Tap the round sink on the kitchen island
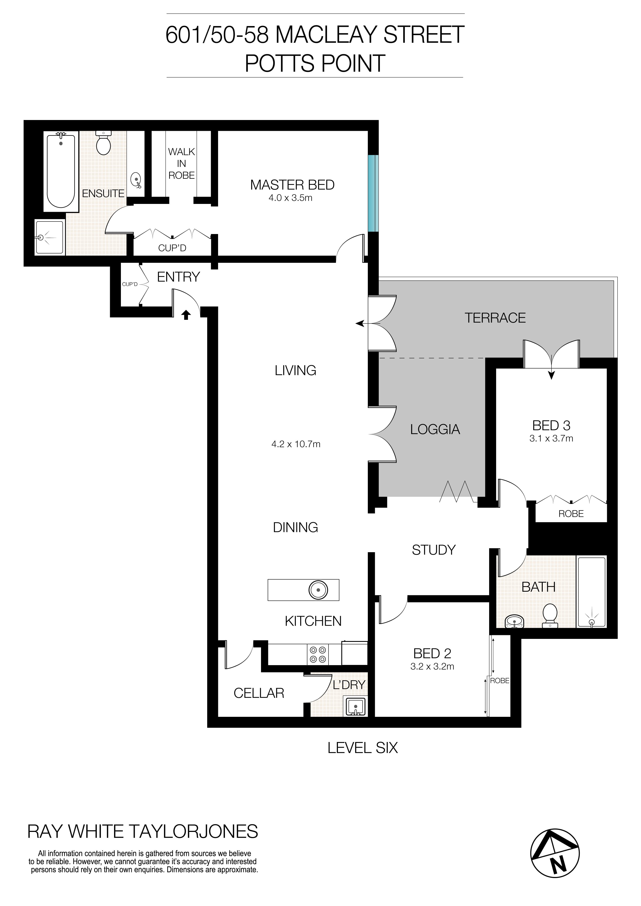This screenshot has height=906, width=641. coord(318,590)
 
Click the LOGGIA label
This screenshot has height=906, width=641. coord(435,429)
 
